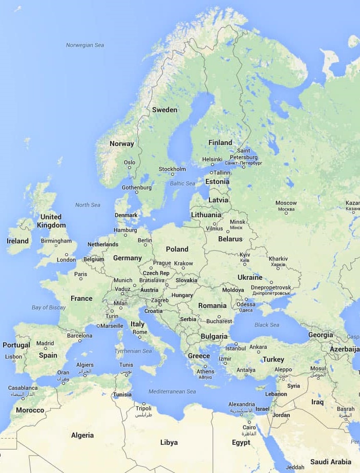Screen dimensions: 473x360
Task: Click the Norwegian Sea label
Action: coord(85,45)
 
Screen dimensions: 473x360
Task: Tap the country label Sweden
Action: coord(164,110)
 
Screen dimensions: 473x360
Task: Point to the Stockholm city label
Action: coord(172,169)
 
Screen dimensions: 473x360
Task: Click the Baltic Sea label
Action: coord(183,183)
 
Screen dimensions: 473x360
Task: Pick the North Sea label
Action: coord(88,205)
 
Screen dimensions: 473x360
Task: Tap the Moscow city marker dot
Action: coord(286,213)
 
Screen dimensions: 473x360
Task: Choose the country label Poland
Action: coord(177,249)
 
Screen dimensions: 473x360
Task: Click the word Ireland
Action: coord(17,241)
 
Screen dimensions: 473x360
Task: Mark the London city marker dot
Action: coord(66,254)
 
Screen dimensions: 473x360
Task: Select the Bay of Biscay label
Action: coord(49,307)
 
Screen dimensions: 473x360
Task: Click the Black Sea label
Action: coord(267,325)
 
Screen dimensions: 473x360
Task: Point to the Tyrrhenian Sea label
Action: coord(133,351)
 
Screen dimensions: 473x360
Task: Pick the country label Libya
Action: coord(169,442)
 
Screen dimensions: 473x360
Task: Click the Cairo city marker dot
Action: coord(249,421)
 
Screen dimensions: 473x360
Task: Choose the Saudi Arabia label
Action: coord(331,461)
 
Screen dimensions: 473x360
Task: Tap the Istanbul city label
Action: coord(236,349)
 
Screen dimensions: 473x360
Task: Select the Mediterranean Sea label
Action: coord(172,392)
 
